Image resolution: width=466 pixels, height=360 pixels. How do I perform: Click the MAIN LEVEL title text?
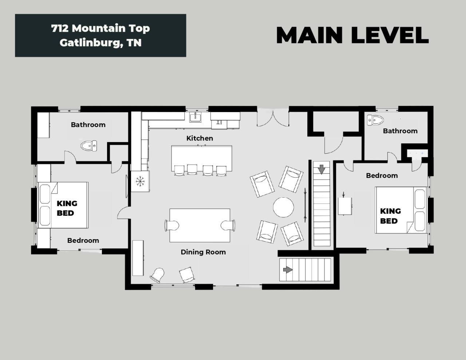pos(352,35)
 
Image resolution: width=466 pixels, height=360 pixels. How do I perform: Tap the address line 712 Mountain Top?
pos(100,28)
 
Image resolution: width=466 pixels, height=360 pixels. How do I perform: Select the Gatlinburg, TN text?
pos(100,43)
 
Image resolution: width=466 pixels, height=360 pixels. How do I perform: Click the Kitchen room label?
pos(200,138)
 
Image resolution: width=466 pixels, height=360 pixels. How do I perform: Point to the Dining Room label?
pos(203,252)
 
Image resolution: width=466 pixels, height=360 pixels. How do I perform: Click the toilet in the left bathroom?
pos(88,146)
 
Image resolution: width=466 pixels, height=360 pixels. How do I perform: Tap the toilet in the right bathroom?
pos(375,120)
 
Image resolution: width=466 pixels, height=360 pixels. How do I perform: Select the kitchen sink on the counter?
pos(195,118)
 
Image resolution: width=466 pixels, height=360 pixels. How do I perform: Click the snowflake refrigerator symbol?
pos(140,181)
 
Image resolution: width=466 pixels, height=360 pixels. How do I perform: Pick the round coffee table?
pos(283,207)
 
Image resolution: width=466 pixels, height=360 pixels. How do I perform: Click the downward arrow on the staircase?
pos(321,169)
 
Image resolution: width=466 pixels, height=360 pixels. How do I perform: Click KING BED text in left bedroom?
pos(67,208)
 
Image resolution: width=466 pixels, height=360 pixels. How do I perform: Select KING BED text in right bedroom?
pos(391,216)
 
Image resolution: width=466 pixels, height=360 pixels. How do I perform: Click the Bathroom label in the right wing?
pos(400,131)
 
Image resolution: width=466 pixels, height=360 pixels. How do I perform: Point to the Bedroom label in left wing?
pos(83,241)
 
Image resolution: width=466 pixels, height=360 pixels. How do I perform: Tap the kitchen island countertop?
pos(202,158)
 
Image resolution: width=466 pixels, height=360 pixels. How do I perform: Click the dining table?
pos(200,225)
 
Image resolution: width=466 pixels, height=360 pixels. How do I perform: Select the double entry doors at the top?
pos(273,118)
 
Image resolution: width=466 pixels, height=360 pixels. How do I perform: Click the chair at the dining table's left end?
pos(172,226)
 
